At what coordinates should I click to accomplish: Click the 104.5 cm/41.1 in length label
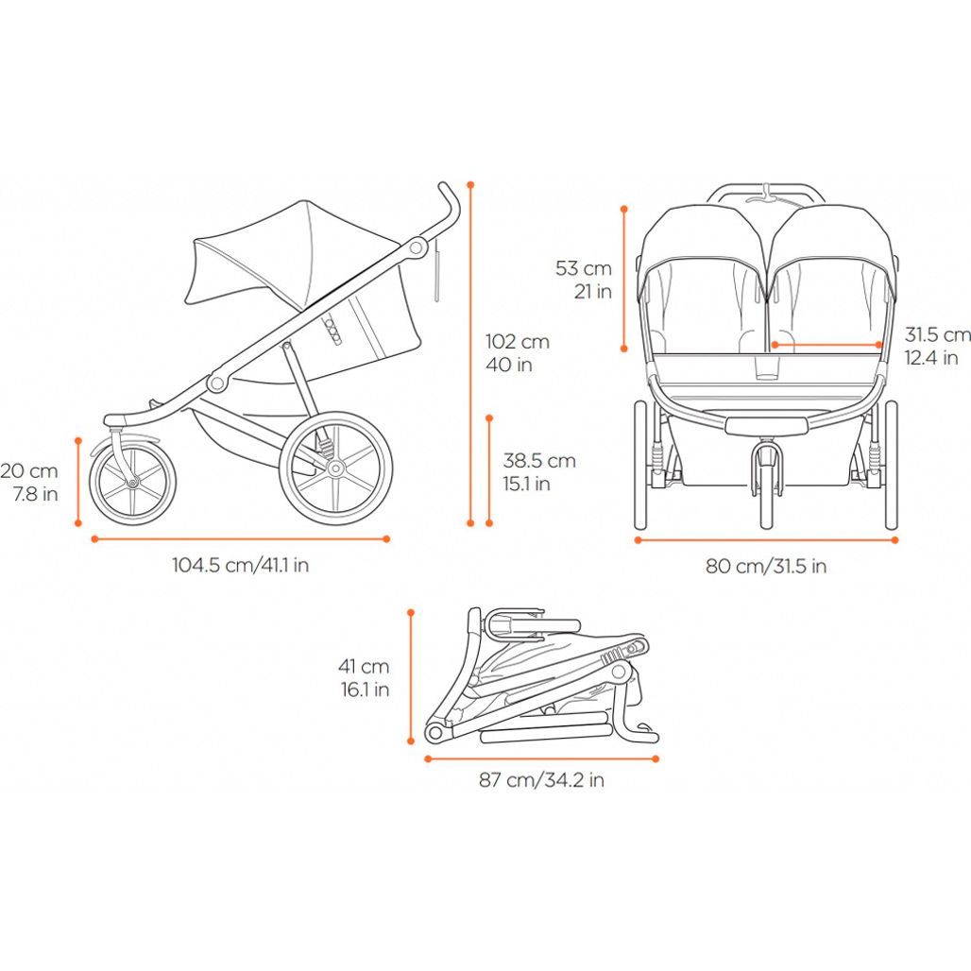tap(240, 565)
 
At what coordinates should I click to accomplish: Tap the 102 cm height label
tap(517, 353)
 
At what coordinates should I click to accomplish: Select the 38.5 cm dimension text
tap(538, 472)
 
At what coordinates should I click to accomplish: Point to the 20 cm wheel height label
tap(29, 481)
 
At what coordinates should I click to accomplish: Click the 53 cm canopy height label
tap(584, 280)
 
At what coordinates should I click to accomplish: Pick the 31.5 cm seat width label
tap(937, 346)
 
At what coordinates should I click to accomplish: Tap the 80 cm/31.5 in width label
tap(766, 566)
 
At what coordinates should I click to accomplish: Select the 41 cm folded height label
tap(365, 677)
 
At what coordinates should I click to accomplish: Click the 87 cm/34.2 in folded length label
tap(541, 779)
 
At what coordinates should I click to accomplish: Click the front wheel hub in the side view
tap(132, 482)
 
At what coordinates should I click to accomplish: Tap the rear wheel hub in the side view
tap(335, 468)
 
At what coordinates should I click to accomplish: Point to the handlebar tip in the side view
tap(444, 186)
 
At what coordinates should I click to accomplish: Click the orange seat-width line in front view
tap(826, 345)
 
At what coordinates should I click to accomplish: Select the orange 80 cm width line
tap(766, 540)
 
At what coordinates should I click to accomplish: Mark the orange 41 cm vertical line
tap(411, 676)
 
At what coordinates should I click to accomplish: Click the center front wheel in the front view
tap(767, 488)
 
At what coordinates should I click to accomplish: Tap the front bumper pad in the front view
tap(767, 425)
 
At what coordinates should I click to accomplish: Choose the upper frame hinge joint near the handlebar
tap(417, 248)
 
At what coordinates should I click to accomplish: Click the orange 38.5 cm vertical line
tap(489, 470)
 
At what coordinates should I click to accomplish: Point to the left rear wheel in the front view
tap(640, 465)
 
